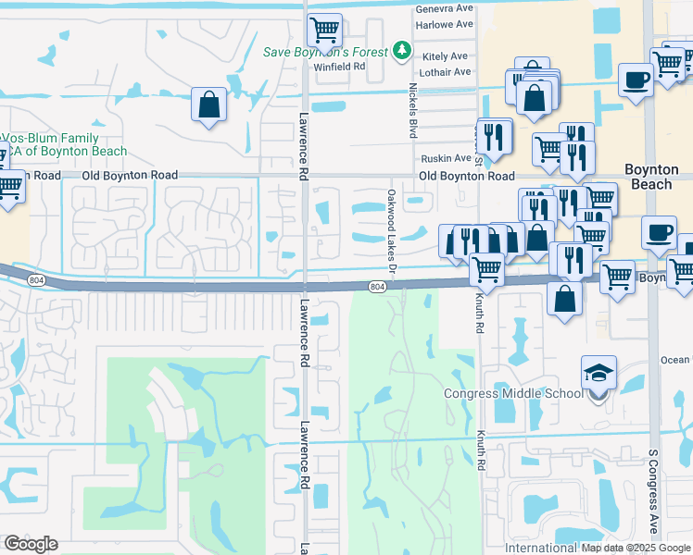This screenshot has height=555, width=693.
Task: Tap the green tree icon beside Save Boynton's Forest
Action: [x=402, y=49]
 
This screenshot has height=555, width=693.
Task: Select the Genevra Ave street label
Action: [x=444, y=8]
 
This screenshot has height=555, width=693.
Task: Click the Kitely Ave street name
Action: [x=446, y=56]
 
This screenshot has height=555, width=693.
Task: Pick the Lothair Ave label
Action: [x=446, y=72]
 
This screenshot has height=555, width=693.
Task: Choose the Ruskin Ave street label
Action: [x=446, y=159]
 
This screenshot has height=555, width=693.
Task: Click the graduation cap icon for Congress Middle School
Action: [x=598, y=374]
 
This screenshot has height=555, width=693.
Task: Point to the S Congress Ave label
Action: [x=652, y=503]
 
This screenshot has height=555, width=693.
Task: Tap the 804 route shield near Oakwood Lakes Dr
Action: [x=377, y=288]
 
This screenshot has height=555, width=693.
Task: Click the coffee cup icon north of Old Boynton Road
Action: [x=636, y=80]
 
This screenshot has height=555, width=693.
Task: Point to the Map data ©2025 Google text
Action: [x=636, y=548]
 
